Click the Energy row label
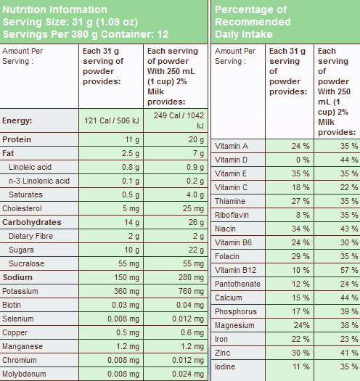point(17,120)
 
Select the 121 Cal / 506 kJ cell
point(112,120)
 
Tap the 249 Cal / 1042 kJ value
point(179,120)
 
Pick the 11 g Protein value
point(132,140)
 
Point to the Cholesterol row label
point(22,208)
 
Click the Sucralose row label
point(27,263)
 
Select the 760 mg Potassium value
point(191,291)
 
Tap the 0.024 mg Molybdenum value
point(188,374)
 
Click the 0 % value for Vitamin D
point(303,160)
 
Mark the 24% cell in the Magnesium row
point(302,325)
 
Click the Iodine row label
point(225,366)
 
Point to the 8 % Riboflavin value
point(303,215)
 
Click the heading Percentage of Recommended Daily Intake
point(253,22)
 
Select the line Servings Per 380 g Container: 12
point(86,34)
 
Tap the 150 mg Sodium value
point(126,277)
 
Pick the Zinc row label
point(222,353)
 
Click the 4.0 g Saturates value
point(195,195)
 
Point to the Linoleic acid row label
point(30,167)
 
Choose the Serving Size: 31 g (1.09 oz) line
point(70,22)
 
